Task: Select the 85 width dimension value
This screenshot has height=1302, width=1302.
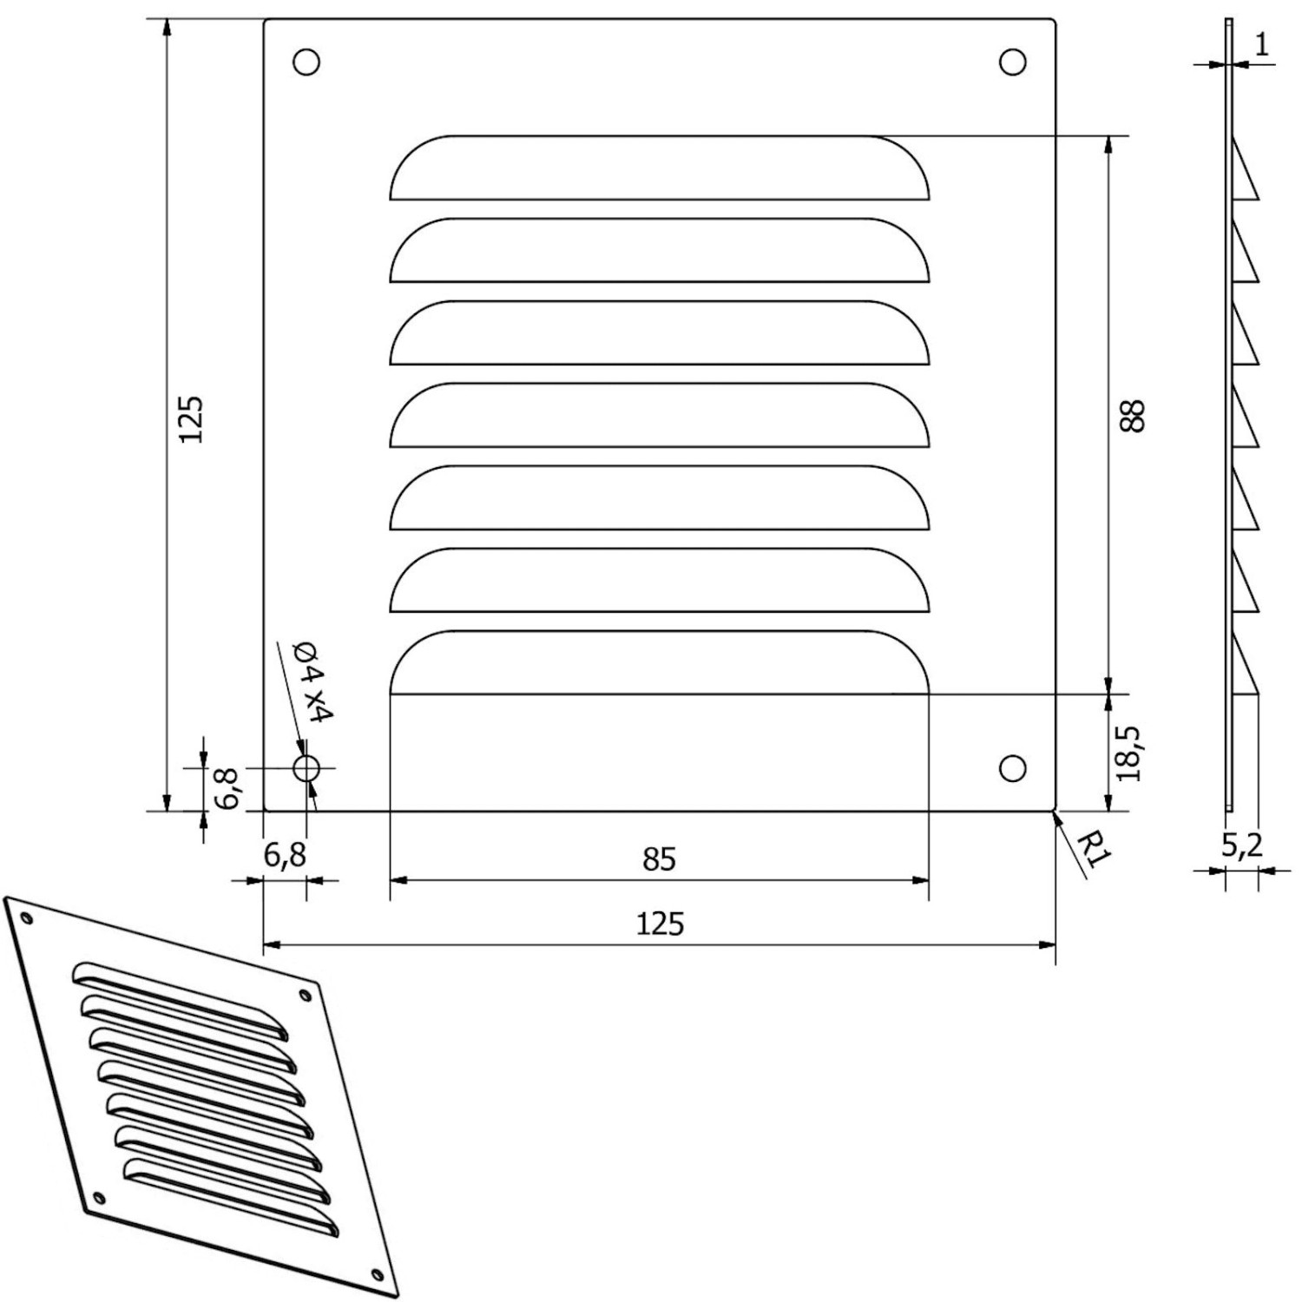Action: point(659,859)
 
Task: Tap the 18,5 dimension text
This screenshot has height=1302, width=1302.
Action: point(1128,753)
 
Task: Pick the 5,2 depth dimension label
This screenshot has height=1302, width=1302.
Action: point(1242,845)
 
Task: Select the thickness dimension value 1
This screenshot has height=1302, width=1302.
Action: point(1262,44)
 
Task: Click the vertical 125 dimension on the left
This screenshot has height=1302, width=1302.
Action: point(191,418)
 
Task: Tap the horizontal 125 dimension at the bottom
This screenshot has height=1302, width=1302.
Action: point(660,924)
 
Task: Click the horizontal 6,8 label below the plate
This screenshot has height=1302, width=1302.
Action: point(285,856)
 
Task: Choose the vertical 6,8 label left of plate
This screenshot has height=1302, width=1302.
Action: point(227,788)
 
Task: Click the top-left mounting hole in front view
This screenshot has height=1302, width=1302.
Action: point(306,62)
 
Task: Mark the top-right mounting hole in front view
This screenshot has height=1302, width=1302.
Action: point(1013,62)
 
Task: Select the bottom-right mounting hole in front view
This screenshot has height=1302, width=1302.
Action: point(1013,768)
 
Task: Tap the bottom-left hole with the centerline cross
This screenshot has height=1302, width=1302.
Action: point(306,768)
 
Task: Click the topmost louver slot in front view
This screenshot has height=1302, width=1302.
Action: point(659,169)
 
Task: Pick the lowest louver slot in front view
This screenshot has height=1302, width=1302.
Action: point(659,664)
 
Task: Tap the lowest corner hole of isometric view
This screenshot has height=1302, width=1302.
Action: point(376,1274)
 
